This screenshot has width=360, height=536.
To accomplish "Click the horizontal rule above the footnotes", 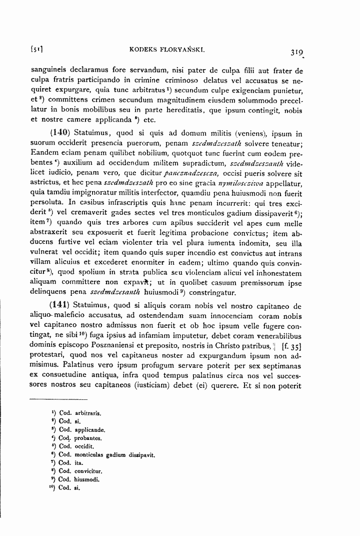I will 59,399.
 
